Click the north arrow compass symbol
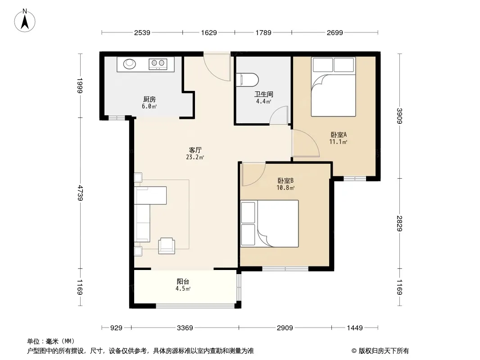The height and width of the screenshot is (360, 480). (x=25, y=21)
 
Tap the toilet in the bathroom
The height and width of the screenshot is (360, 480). (x=248, y=80)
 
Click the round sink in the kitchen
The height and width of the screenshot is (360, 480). (x=130, y=63)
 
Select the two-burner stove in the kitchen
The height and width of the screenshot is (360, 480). (x=158, y=63)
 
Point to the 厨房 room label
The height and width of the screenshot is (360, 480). (x=149, y=99)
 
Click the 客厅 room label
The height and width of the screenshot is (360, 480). (x=195, y=150)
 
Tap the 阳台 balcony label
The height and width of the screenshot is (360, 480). (x=183, y=281)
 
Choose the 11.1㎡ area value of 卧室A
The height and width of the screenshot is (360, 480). (x=338, y=142)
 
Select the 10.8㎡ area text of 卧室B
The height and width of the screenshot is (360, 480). (x=285, y=188)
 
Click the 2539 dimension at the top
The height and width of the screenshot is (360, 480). (x=142, y=32)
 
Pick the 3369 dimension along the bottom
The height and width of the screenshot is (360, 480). (x=185, y=328)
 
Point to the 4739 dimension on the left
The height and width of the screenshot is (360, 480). (x=80, y=193)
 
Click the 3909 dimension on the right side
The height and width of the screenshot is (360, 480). (x=399, y=116)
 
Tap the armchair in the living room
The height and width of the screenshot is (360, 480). (x=167, y=246)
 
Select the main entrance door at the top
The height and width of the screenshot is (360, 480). (x=217, y=66)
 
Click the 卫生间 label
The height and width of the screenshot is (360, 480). (x=263, y=94)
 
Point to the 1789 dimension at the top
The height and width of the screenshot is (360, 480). (x=263, y=32)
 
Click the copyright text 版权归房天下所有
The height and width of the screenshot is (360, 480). (x=384, y=351)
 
